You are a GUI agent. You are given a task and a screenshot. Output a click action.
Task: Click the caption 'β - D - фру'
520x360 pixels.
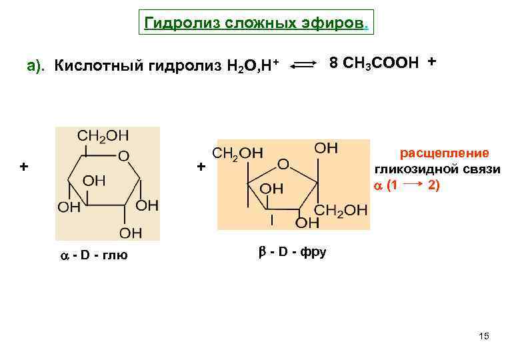pos(292,253)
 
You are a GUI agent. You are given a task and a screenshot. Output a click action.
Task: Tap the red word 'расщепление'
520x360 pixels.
pos(444,153)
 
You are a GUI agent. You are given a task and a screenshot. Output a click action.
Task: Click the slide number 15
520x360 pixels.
pos(484,336)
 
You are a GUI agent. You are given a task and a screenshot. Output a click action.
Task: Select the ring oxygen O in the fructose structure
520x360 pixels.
pos(283,163)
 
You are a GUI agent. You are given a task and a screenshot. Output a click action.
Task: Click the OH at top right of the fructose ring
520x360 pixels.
pos(326,147)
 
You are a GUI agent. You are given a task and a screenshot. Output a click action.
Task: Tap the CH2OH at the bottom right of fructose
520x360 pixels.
pos(341,211)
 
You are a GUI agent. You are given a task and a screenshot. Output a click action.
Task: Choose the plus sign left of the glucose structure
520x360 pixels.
pos(24,166)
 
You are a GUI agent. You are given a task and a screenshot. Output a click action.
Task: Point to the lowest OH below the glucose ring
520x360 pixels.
pos(130,233)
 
